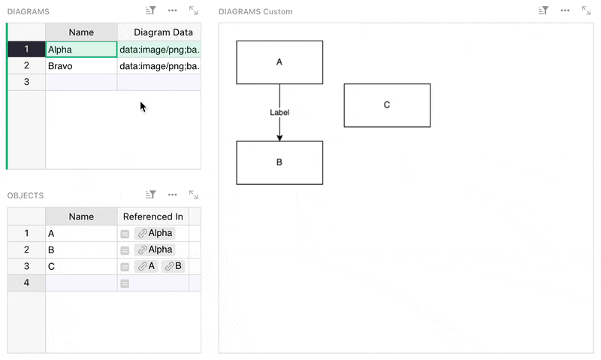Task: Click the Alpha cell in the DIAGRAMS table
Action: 80,50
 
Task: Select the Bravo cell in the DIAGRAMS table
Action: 80,66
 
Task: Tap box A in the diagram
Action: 279,62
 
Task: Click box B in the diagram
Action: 279,162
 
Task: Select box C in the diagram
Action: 387,105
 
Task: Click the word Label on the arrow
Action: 279,112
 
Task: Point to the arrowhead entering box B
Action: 279,138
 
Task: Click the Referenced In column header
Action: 153,216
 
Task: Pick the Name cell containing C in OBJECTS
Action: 80,266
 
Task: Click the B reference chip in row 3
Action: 174,266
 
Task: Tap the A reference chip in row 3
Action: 146,266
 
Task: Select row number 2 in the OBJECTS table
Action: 26,250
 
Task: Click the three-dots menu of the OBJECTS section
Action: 173,195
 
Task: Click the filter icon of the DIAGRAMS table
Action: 151,11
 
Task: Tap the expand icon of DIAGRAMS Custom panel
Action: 585,11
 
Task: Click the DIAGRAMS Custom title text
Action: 255,12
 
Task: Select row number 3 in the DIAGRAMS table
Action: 26,82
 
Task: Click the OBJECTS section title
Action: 26,195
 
